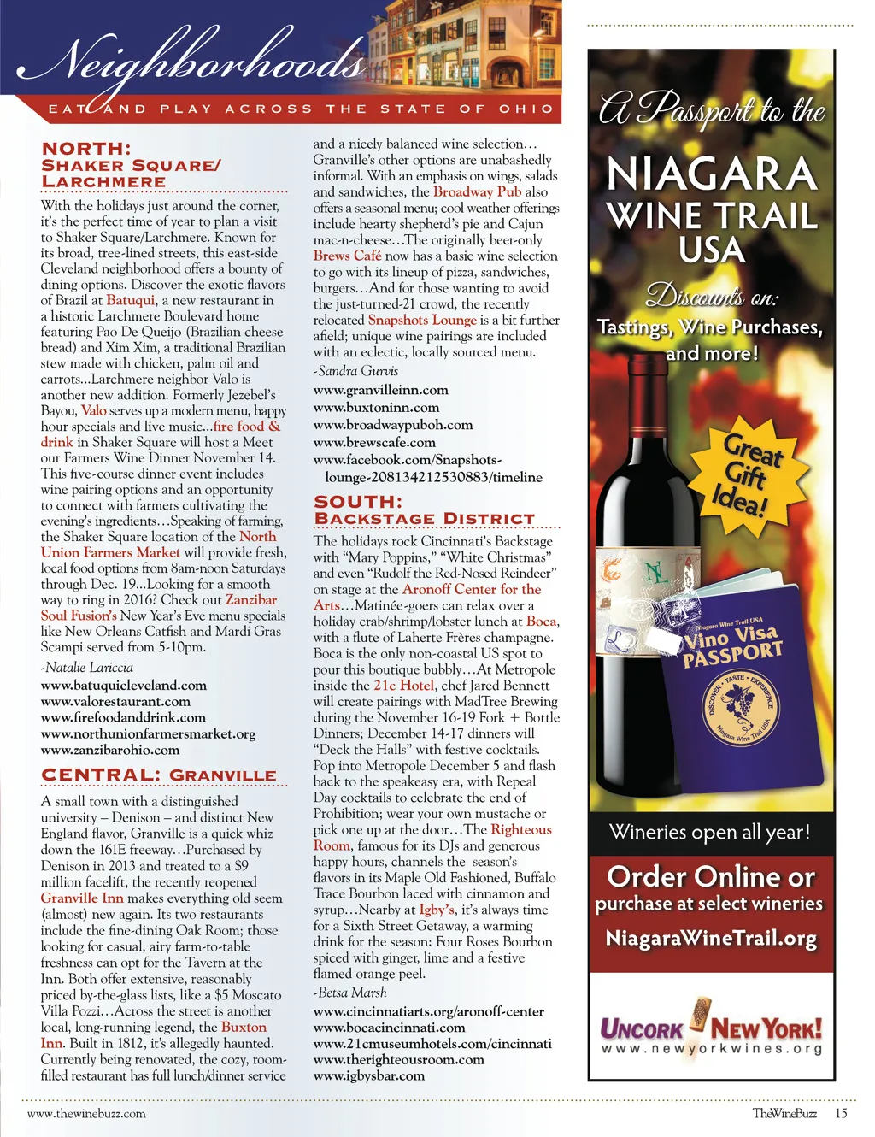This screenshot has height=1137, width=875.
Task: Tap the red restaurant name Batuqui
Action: (x=131, y=300)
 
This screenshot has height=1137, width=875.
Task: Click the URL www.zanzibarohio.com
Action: (x=110, y=750)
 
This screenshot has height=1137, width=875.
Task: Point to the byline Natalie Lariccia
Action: (x=88, y=667)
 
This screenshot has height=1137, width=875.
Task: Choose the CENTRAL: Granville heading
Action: (x=159, y=775)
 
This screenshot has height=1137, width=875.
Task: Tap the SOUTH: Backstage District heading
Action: (x=424, y=510)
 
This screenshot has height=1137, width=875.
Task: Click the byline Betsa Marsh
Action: (x=351, y=993)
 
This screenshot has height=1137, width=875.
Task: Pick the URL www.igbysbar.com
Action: (x=368, y=1075)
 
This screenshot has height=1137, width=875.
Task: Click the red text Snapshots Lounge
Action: (x=422, y=320)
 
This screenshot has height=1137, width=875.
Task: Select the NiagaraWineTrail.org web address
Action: (x=711, y=938)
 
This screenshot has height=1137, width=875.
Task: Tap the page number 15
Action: (x=841, y=1113)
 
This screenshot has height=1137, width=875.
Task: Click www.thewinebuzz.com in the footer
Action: (x=86, y=1113)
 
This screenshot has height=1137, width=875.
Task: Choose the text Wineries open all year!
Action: (x=709, y=832)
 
